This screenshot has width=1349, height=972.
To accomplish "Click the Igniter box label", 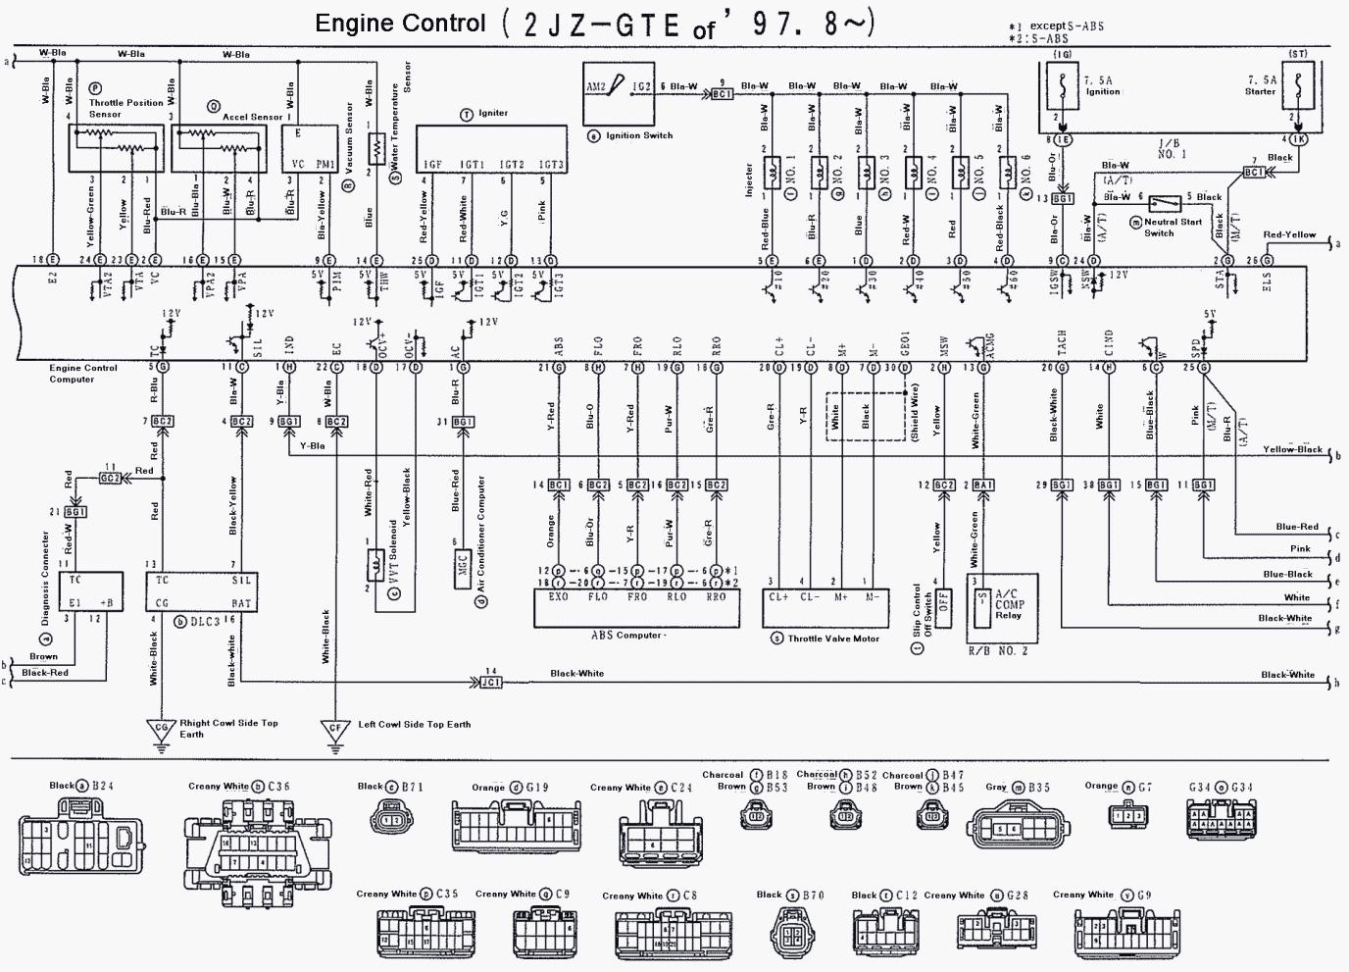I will (x=493, y=114).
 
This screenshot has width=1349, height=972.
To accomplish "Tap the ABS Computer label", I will (x=627, y=636).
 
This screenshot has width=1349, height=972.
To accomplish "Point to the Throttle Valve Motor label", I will (x=833, y=639).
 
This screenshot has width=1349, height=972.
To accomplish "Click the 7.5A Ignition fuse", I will (x=1063, y=86).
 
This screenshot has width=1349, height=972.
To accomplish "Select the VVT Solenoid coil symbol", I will (x=374, y=567).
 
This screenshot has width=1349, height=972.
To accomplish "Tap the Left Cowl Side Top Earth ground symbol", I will (x=335, y=731).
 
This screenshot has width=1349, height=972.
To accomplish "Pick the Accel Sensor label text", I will (x=253, y=117).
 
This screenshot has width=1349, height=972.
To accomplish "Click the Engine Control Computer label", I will (x=83, y=374).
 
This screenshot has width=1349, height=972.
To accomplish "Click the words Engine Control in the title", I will (x=400, y=24).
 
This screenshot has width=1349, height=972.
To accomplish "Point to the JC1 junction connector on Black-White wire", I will (x=491, y=681).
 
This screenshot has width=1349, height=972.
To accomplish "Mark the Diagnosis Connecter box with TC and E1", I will (x=90, y=591).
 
